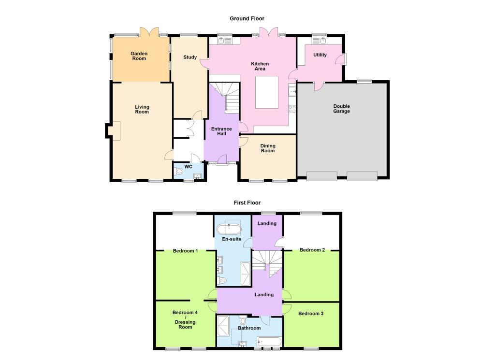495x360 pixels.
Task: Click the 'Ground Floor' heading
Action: pyautogui.click(x=247, y=18)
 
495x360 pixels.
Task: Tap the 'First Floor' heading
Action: pyautogui.click(x=247, y=202)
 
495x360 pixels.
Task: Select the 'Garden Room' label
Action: pyautogui.click(x=139, y=56)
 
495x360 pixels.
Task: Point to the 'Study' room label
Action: pyautogui.click(x=190, y=58)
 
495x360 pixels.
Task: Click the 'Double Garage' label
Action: pyautogui.click(x=341, y=109)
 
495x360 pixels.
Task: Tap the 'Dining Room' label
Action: pyautogui.click(x=268, y=148)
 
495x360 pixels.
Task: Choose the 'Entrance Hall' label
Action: pyautogui.click(x=221, y=131)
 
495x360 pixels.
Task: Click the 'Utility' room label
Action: pyautogui.click(x=320, y=55)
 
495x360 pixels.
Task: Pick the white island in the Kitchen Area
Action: pyautogui.click(x=267, y=92)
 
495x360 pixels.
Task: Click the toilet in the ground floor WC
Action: pyautogui.click(x=180, y=172)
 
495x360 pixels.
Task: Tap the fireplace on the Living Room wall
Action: pyautogui.click(x=113, y=130)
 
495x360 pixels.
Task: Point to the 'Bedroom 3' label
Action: pyautogui.click(x=311, y=314)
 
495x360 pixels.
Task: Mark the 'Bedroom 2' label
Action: pyautogui.click(x=312, y=250)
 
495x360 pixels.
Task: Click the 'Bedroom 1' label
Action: pyautogui.click(x=186, y=250)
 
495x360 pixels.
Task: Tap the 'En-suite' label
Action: pyautogui.click(x=232, y=239)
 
